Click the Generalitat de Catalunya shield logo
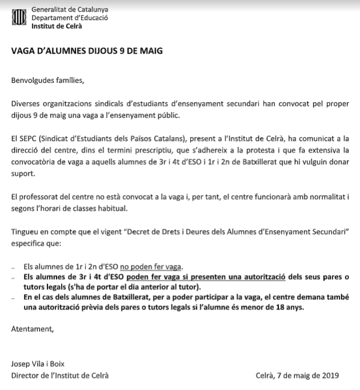pos(18,17)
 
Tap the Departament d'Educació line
pos(70,18)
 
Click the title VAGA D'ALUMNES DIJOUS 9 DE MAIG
pos(87,51)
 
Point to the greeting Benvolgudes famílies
pos(47,80)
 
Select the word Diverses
pos(26,105)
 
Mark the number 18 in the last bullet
pos(276,307)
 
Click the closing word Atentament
pos(33,329)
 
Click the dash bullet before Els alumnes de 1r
pos(14,267)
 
